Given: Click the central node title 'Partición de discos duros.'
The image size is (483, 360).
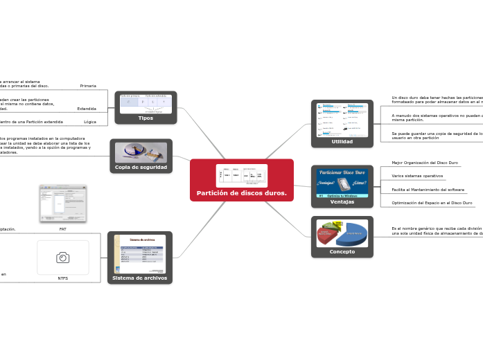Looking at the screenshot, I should [242, 193].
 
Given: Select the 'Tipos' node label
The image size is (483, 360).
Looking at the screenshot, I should [146, 118].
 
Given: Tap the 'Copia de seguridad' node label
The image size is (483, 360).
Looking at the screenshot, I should [141, 167].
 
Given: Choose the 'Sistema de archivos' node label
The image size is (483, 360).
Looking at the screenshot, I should [140, 278].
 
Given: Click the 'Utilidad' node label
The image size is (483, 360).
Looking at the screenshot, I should [342, 141].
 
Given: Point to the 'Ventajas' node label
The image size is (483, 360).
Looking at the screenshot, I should [342, 201].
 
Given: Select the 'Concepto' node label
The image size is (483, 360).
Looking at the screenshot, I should [342, 251].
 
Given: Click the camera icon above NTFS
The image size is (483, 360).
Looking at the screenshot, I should [63, 258].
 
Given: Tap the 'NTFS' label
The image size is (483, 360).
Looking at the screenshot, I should [63, 278].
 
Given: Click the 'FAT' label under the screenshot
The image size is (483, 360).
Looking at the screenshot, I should [63, 228].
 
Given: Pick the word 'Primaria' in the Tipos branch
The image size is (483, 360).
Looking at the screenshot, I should [88, 86].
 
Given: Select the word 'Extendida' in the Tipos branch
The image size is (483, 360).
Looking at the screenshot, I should [87, 109].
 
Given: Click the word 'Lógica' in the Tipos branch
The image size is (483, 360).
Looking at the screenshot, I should [90, 122].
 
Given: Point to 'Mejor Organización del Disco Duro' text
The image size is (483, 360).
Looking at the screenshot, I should [425, 163].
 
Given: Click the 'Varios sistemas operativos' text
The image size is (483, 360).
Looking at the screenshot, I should [417, 176].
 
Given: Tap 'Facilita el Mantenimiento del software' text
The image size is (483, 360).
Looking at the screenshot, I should [428, 189].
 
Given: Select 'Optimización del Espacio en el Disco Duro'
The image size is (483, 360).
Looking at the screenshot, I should [432, 203].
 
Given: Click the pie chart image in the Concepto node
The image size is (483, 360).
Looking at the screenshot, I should [342, 233].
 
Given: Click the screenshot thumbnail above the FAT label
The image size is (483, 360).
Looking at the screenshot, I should [63, 204].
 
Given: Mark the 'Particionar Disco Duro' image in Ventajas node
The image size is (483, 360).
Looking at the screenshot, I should [342, 183].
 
